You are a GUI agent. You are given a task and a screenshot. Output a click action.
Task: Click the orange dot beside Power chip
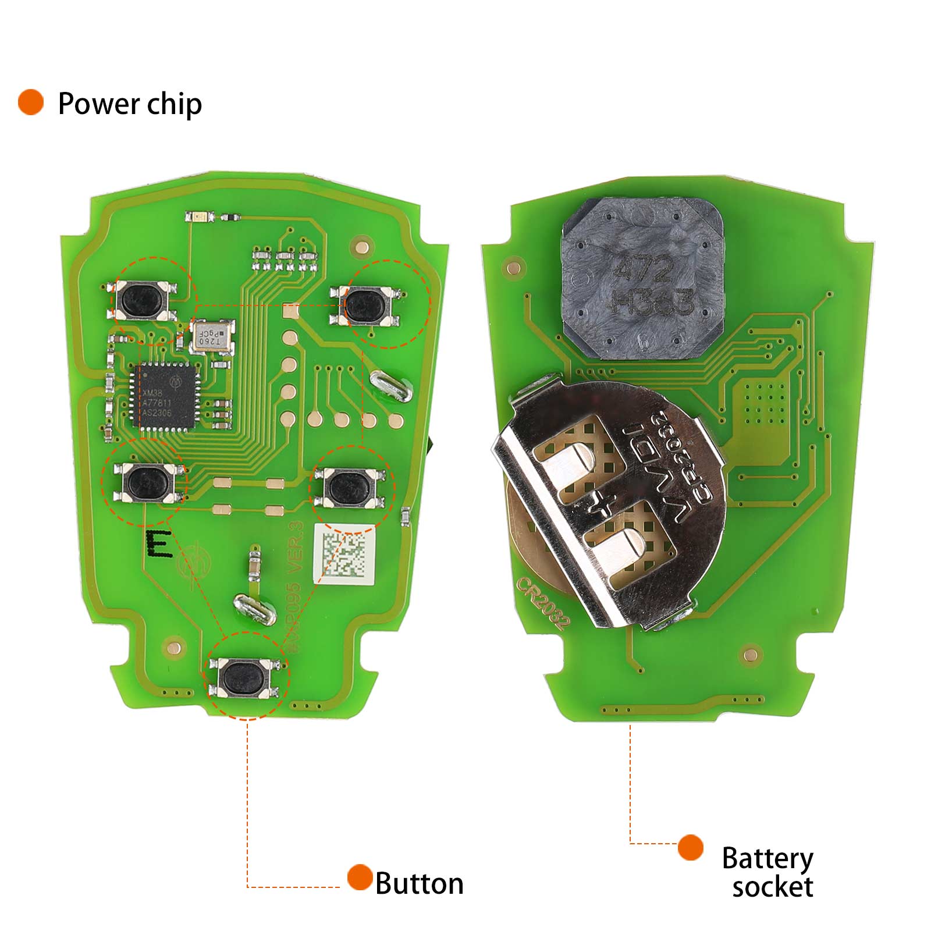coord(31,102)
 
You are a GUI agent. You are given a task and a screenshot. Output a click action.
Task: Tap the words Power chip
coord(130,104)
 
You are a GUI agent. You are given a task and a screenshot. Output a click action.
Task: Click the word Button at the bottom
coord(419,884)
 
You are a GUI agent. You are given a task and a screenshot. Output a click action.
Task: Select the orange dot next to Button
coord(360,877)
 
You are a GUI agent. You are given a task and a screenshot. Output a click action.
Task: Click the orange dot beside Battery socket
coord(690,847)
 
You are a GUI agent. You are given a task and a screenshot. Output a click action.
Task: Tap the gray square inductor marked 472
coord(643,278)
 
